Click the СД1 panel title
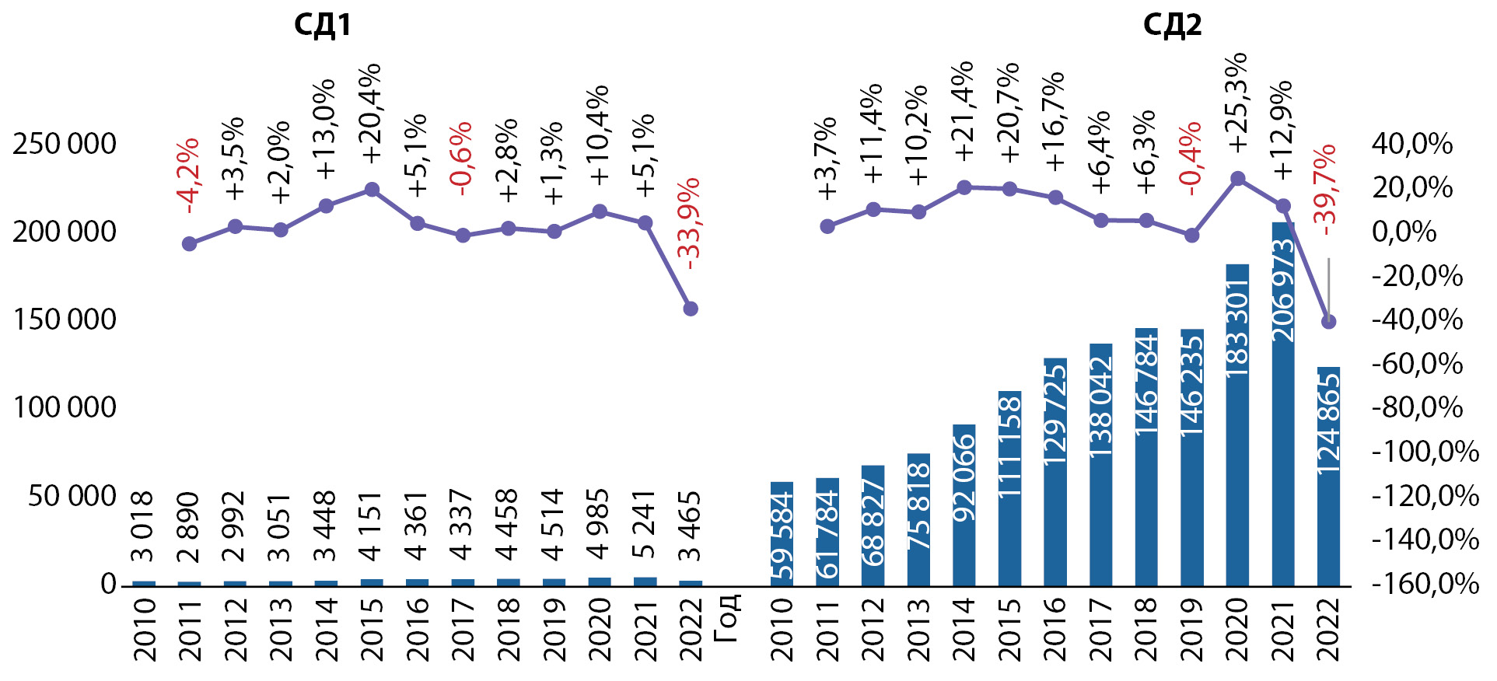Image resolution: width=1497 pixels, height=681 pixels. (322, 25)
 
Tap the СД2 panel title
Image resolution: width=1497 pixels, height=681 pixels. (1172, 25)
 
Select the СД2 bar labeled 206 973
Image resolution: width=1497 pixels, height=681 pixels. (1283, 404)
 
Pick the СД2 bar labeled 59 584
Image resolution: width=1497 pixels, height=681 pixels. (782, 534)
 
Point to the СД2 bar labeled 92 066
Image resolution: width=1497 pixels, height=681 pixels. (964, 505)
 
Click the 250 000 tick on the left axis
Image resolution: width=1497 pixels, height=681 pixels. (65, 144)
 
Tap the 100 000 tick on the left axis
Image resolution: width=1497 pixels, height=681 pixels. (65, 407)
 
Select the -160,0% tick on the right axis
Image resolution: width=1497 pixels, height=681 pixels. (1425, 584)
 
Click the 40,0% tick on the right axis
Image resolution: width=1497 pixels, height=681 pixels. (1412, 144)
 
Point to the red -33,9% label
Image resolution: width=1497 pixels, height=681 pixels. (690, 224)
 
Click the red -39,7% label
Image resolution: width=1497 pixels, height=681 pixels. (1326, 184)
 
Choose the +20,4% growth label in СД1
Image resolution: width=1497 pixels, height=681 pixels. (372, 113)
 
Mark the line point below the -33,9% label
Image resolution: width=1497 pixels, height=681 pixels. (691, 309)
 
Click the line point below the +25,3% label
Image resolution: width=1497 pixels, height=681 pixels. (1238, 179)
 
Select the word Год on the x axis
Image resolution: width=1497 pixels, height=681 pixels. (727, 619)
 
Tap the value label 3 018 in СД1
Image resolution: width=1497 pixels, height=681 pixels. (143, 526)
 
